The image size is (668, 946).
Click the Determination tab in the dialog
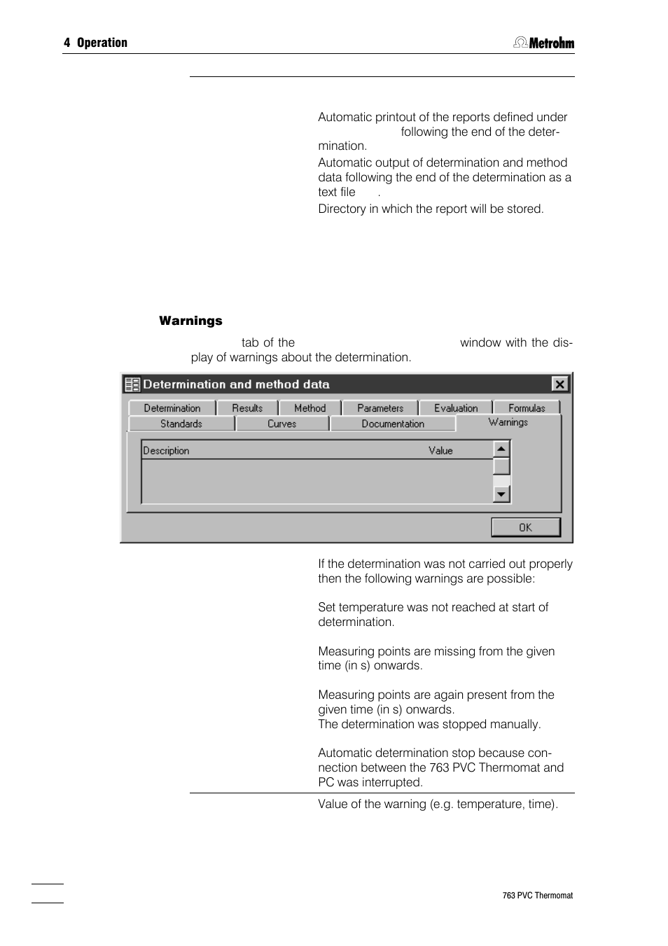click(172, 408)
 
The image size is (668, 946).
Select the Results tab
click(247, 408)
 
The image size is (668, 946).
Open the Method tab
click(309, 408)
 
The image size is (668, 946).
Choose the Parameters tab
click(380, 408)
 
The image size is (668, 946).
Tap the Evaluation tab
click(456, 408)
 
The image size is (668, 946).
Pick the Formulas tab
click(527, 408)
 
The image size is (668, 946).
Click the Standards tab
click(181, 424)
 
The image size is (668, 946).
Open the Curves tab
click(281, 424)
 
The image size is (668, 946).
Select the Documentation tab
click(393, 424)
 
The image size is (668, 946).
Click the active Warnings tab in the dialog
click(508, 422)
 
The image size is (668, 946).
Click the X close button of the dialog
click(559, 384)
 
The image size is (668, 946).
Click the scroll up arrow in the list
click(501, 449)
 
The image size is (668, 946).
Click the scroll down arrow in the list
click(501, 494)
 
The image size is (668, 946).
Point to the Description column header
click(167, 450)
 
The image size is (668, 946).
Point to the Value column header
click(440, 450)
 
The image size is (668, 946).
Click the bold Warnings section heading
click(190, 321)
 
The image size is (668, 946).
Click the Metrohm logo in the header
click(544, 43)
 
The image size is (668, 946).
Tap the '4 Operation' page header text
click(96, 43)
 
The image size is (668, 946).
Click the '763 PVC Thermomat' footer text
click(537, 896)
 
